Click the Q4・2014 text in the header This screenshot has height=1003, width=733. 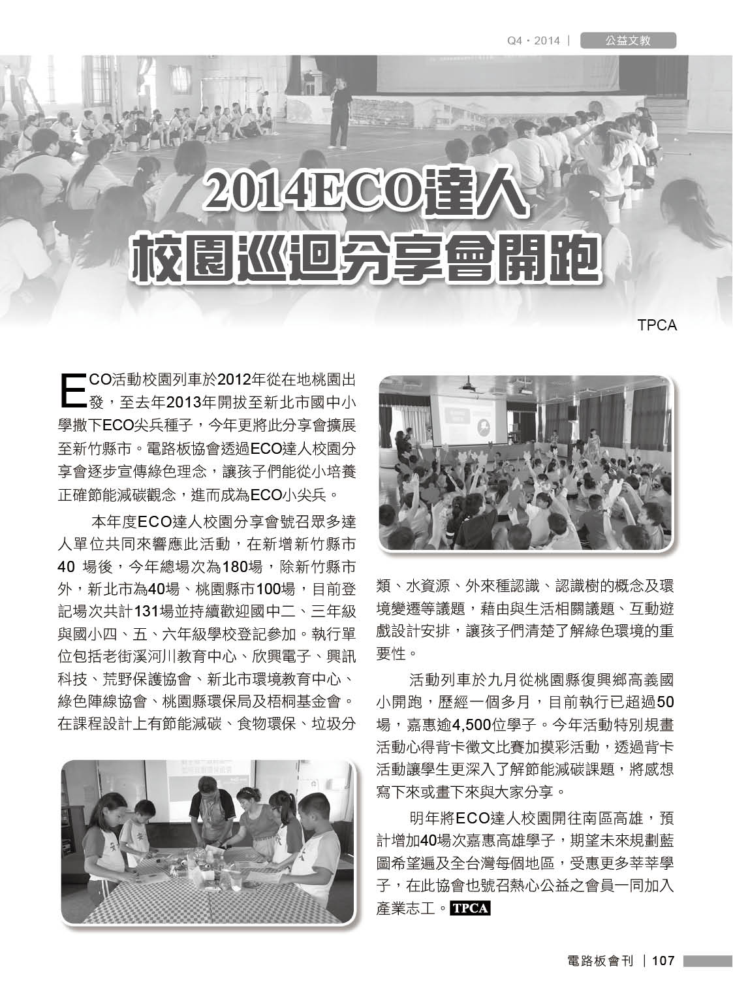click(x=534, y=41)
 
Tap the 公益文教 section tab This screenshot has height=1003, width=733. click(x=627, y=41)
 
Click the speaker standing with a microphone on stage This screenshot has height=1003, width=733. click(x=339, y=111)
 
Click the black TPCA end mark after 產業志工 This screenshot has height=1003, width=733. click(x=470, y=908)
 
